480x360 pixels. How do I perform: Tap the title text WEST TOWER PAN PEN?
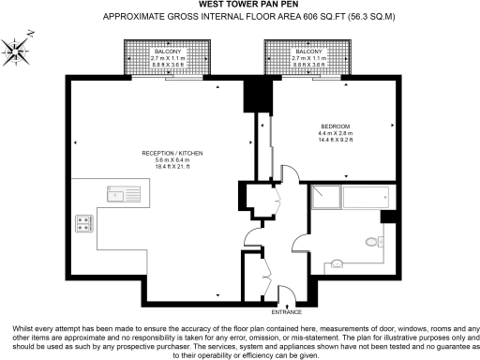[240, 6]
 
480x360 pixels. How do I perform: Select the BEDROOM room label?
[335, 126]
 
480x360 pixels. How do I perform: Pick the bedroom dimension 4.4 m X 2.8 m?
[335, 133]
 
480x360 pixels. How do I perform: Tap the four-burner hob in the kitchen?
[83, 224]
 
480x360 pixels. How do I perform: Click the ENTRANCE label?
[287, 310]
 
